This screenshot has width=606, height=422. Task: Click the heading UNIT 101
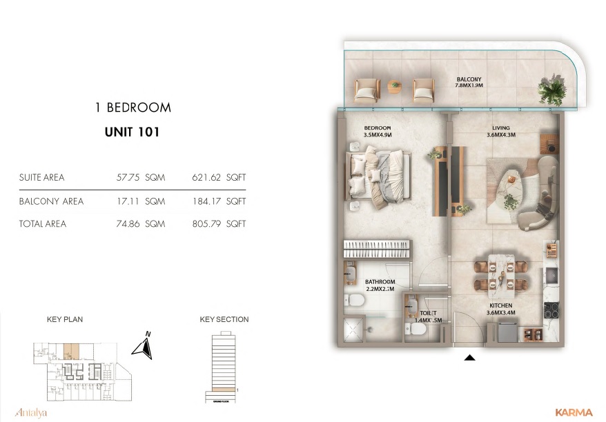click(132, 132)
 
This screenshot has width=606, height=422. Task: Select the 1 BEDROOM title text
click(133, 108)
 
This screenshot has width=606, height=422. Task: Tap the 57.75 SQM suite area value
click(141, 177)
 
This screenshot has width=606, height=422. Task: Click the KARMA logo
click(574, 412)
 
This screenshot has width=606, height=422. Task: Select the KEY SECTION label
click(224, 319)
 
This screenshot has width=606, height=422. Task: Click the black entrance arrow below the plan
click(470, 358)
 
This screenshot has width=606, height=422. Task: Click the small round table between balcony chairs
click(395, 87)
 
